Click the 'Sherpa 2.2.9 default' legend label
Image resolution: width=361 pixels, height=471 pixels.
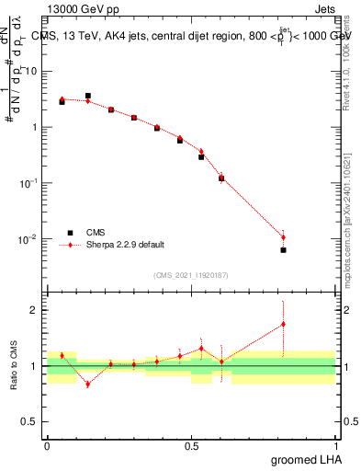(126, 245)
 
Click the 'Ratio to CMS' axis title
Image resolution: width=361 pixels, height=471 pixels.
(14, 366)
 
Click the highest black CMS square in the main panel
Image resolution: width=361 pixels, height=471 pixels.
(87, 96)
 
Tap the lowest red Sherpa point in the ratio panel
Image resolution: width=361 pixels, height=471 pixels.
(87, 384)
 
